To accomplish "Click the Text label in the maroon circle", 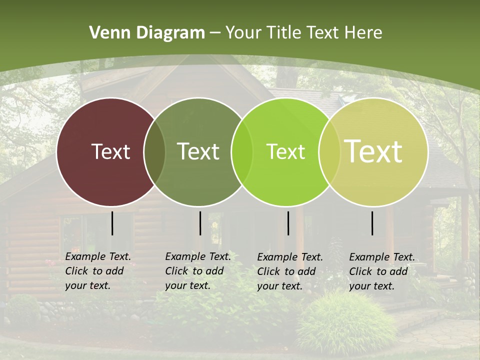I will (x=110, y=151).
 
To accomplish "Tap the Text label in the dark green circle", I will (x=198, y=151).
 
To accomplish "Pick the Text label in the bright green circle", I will (x=285, y=151).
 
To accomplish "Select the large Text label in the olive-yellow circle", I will (x=373, y=151).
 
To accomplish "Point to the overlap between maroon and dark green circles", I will (x=154, y=151).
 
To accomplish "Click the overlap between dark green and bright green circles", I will (x=241, y=151).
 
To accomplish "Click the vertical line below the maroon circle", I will (x=112, y=223).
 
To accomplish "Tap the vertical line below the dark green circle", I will (x=200, y=223).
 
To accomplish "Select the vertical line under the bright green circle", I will (x=288, y=223).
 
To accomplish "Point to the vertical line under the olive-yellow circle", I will (x=372, y=223).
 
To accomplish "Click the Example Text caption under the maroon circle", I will (x=98, y=271).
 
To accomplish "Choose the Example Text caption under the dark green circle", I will (x=198, y=271).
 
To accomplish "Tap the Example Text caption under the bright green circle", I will (x=290, y=271).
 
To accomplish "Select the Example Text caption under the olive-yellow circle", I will (x=382, y=271).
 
